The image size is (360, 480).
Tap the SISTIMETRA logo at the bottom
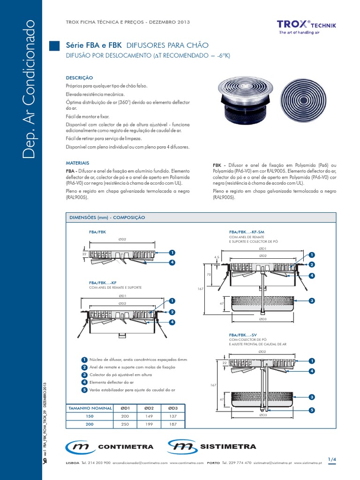click(213, 447)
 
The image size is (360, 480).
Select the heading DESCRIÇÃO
click(79, 77)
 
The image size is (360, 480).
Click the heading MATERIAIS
click(78, 163)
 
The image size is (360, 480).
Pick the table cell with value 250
click(125, 424)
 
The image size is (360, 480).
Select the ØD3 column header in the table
click(172, 408)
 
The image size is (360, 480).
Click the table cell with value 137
click(172, 416)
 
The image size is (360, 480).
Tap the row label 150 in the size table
click(90, 416)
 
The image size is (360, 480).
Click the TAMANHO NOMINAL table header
click(90, 408)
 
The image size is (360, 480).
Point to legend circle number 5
click(84, 390)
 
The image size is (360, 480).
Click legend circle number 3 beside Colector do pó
click(84, 375)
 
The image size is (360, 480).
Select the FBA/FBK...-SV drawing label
click(243, 336)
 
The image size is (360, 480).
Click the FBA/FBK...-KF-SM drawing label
click(247, 232)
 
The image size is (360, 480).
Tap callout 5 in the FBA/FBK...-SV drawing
click(311, 410)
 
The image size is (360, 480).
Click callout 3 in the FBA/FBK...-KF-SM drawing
click(311, 300)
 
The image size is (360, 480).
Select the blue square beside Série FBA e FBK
click(55, 45)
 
